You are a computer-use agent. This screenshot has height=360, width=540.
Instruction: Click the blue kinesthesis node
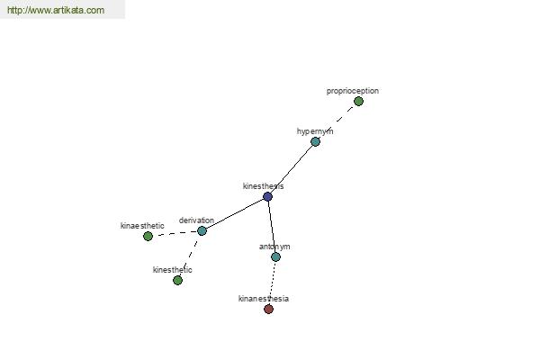[x=267, y=197]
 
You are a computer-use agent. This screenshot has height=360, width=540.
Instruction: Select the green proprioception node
[x=358, y=102]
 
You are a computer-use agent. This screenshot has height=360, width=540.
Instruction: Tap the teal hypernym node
[x=315, y=141]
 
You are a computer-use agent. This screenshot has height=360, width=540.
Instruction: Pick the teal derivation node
[x=202, y=230]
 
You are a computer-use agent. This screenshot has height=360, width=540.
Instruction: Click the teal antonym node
[x=275, y=256]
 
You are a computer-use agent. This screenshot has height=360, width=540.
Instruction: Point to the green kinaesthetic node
[x=148, y=237]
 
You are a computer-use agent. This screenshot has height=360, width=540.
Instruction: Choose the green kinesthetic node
[x=177, y=281]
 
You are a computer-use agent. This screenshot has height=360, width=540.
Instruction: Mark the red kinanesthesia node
[x=268, y=309]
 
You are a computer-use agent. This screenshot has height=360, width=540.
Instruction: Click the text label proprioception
[x=353, y=91]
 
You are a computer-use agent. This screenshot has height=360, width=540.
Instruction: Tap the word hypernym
[x=315, y=131]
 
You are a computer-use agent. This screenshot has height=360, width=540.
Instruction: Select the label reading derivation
[x=196, y=220]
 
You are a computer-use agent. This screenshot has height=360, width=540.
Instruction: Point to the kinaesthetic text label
[x=142, y=226]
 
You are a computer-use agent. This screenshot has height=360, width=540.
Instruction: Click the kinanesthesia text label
[x=264, y=298]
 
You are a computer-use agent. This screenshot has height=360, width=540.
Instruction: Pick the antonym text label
[x=274, y=247]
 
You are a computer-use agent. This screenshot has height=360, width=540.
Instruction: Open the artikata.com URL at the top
[x=56, y=10]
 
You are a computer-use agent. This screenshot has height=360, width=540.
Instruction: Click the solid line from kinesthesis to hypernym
[x=292, y=169]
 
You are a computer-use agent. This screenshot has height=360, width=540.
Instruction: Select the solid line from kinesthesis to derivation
[x=235, y=213]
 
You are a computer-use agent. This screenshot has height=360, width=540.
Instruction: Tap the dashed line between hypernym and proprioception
[x=337, y=121]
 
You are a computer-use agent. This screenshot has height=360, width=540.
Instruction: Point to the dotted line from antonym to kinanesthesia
[x=272, y=283]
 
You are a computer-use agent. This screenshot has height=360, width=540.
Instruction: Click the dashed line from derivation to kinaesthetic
[x=175, y=234]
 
